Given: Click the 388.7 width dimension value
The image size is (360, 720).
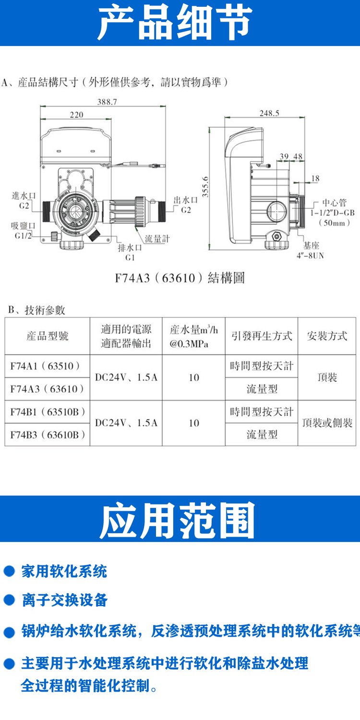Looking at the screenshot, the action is coord(108,102).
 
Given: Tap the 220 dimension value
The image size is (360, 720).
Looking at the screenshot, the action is coord(76,115).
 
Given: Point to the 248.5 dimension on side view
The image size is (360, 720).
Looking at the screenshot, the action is coord(269,113).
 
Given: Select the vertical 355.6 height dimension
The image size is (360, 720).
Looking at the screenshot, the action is coord(205,187).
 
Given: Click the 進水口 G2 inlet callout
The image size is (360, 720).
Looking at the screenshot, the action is coord(24,201).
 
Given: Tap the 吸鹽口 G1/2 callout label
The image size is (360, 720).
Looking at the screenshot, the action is coord(23,231).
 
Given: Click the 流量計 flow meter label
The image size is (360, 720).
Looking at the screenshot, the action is coord(157,239).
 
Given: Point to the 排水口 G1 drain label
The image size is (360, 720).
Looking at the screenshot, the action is coord(130,252).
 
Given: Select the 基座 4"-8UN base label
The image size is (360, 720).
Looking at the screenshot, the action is coord(311,251).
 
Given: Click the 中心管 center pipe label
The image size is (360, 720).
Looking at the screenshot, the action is coord(333,213).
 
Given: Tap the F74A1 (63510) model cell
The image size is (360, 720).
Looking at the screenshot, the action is coord(45,366).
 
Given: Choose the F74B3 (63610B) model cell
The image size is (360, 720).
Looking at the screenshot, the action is coord(48,435).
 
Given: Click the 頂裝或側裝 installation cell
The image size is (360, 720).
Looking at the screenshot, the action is coord(327,423).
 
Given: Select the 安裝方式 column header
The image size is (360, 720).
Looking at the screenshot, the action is coord(327,336).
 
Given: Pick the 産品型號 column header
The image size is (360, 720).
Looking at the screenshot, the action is coord(48,336).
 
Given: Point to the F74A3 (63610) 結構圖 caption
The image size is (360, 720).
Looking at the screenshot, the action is coord(180,278).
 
